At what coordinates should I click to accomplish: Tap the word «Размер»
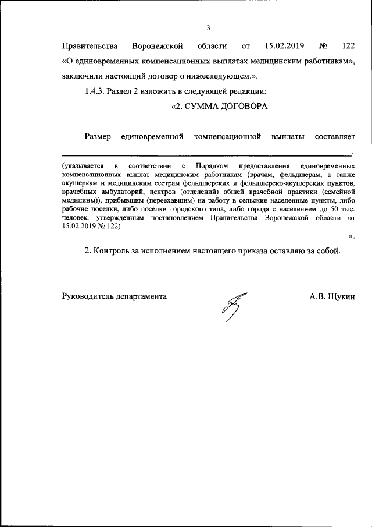[x=98, y=137]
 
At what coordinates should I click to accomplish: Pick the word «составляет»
[x=335, y=137]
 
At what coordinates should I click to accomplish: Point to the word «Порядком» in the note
[x=212, y=167]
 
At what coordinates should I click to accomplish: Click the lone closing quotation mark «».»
[x=351, y=235]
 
